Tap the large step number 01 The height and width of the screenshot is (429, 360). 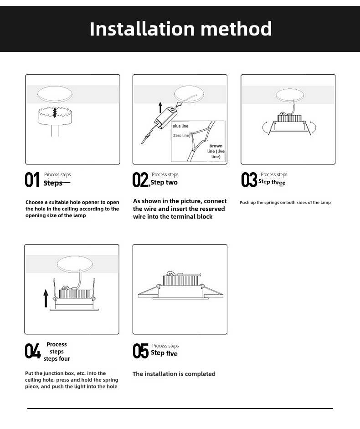pos(32,180)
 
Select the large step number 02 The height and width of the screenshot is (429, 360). pos(140,180)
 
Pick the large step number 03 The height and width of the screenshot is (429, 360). pos(249,180)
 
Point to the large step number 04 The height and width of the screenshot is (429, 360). pos(32,351)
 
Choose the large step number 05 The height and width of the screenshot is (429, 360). pos(140,351)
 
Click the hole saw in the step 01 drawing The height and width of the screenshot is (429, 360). pos(54,116)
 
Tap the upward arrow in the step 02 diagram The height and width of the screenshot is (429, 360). pos(160,107)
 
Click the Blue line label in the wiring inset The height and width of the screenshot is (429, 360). pos(180,126)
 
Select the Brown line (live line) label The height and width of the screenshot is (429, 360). pos(216,151)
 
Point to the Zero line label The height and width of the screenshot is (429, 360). pos(181,136)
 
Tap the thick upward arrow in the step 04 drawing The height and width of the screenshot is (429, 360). pos(46,298)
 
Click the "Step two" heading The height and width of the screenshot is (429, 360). pos(164,183)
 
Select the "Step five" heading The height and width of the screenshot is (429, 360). pos(164,353)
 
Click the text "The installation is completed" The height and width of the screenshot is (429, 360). pos(174,374)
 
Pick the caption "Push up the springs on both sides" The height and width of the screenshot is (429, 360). pos(285,203)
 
